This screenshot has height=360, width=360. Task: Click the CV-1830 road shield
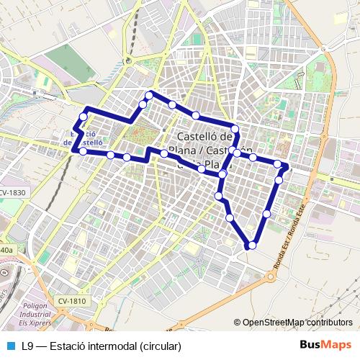pos(13,193)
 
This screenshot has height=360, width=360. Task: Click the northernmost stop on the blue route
pos(150,95)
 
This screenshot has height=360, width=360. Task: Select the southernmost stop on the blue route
pos(251,246)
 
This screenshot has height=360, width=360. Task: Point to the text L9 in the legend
pos(28,346)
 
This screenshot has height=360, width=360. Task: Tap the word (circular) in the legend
pos(161,346)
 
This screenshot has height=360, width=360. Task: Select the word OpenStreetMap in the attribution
pos(278,323)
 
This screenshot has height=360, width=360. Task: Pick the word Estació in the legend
pos(67,346)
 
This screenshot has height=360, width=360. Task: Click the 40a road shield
pos(6,249)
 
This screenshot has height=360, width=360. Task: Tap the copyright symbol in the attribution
pos(238,323)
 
